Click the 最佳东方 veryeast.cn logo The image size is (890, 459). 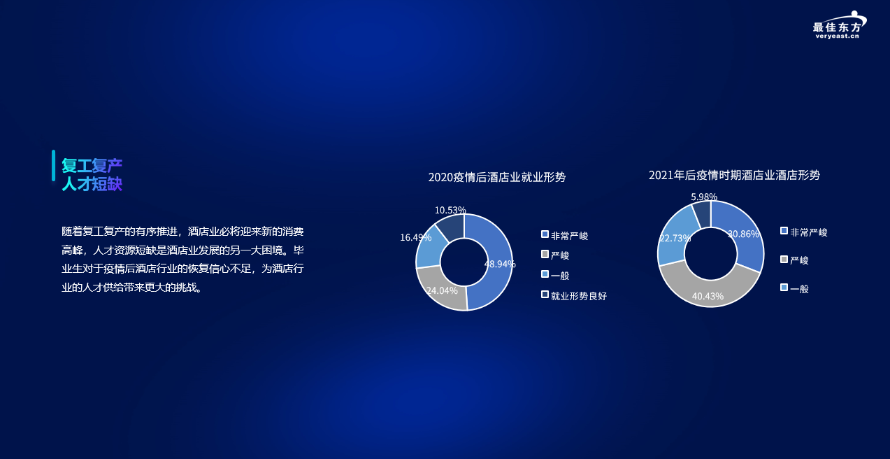click(x=839, y=25)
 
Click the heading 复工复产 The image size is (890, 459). click(x=92, y=165)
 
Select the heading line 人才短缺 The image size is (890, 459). click(x=92, y=184)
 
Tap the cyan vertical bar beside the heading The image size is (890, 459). click(x=53, y=165)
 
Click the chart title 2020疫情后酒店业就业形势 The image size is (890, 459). click(x=496, y=177)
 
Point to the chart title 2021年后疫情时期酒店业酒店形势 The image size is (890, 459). click(x=734, y=175)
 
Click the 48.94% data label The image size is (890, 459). click(x=499, y=264)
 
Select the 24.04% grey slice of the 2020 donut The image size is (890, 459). click(x=440, y=290)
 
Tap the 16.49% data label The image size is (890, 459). click(x=415, y=237)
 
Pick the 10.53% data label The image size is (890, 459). click(x=450, y=210)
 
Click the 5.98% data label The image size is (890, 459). click(x=704, y=197)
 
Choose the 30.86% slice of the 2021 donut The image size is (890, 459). click(x=742, y=234)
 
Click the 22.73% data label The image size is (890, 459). click(x=675, y=239)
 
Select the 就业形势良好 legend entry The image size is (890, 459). click(x=574, y=295)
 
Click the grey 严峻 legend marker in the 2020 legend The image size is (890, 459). click(x=545, y=254)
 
